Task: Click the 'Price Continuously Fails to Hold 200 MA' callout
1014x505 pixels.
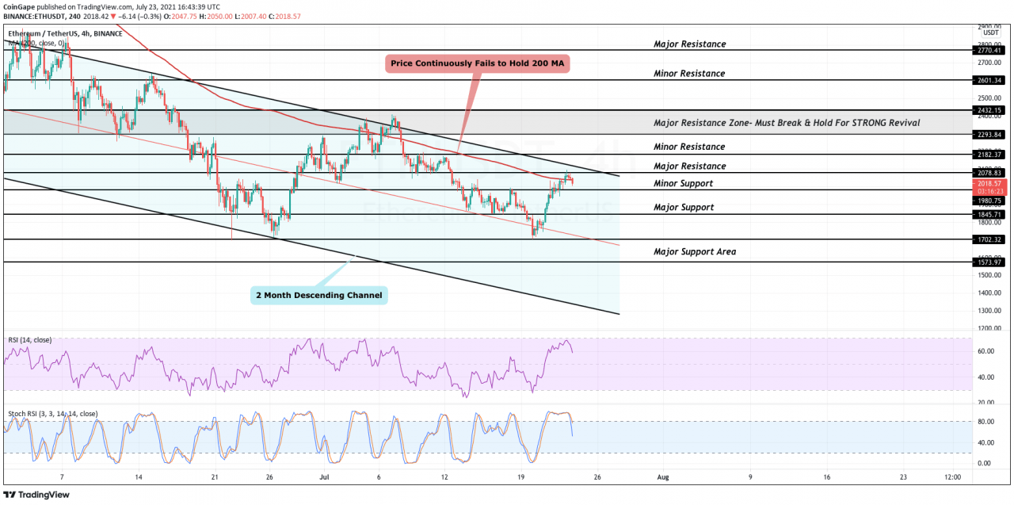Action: tap(478, 64)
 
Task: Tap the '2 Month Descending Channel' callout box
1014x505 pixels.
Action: tap(319, 296)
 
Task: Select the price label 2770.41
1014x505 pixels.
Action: tap(991, 50)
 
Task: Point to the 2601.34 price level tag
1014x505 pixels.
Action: tap(991, 80)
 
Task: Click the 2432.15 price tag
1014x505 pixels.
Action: tap(991, 110)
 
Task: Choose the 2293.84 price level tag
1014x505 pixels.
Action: tap(991, 134)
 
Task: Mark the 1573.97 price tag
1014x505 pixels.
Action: tap(991, 262)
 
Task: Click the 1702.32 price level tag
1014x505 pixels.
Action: tap(991, 239)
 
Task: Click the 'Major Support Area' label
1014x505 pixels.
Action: tap(695, 251)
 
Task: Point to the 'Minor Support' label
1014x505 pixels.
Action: tap(683, 183)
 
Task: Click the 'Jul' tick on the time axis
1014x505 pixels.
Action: tap(324, 477)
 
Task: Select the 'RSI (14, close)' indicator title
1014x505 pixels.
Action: tap(30, 340)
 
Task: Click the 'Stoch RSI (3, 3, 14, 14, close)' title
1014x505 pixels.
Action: tap(53, 414)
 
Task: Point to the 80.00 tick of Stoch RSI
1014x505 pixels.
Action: tap(985, 422)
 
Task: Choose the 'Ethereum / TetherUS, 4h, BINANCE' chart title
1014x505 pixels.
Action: tap(65, 33)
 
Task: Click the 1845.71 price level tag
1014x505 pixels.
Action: tap(991, 215)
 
